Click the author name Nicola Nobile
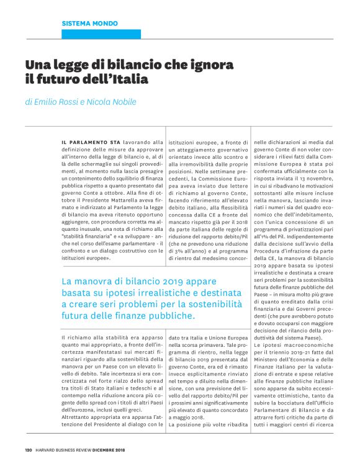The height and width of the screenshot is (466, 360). click(x=114, y=102)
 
